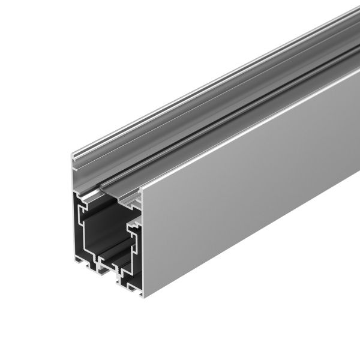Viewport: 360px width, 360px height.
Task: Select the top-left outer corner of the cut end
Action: coord(71,155)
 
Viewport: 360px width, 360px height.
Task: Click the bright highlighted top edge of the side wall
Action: coord(252,123)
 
